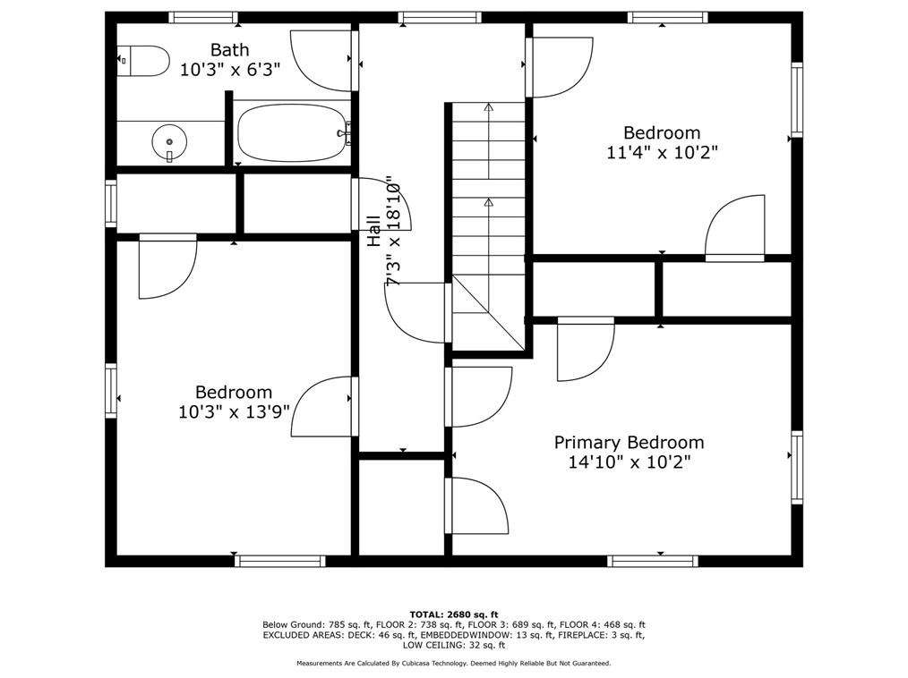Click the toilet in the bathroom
point(143,61)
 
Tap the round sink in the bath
point(169,141)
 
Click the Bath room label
point(230,50)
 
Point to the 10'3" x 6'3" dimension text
point(230,70)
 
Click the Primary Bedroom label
point(629,443)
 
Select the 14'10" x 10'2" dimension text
point(629,462)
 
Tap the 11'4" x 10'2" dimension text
point(662,153)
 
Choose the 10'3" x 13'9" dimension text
point(234,412)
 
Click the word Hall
point(374,232)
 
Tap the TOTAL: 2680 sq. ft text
point(454,614)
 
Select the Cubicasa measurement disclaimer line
point(453,664)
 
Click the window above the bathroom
point(203,17)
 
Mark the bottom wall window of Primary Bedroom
point(653,561)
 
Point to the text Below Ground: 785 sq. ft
point(317,624)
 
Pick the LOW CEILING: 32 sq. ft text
point(453,645)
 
